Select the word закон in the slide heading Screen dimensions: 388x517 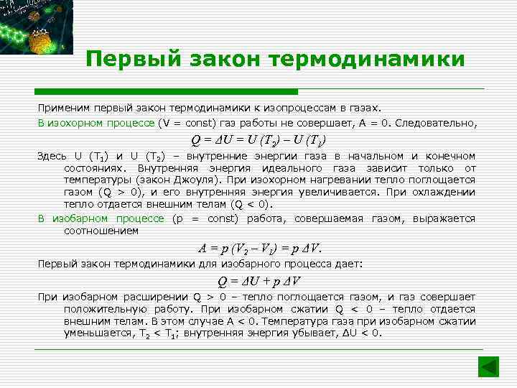[x=217, y=60]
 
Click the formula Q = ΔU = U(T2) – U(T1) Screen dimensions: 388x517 [x=258, y=139]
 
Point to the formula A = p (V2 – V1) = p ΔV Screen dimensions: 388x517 [x=261, y=249]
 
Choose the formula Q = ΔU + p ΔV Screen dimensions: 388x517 [x=260, y=281]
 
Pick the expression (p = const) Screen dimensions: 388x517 [x=203, y=218]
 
